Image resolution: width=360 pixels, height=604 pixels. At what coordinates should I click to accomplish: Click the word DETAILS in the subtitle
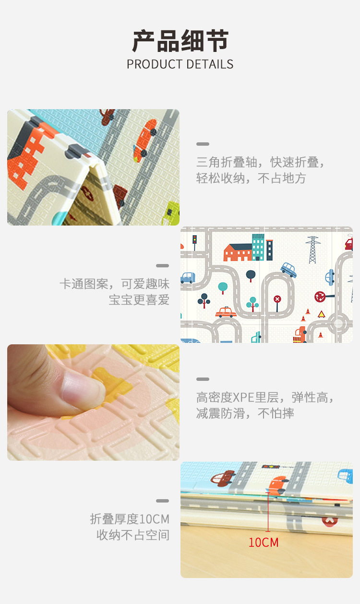pyautogui.click(x=210, y=64)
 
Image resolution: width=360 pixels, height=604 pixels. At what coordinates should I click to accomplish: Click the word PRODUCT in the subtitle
pyautogui.click(x=155, y=64)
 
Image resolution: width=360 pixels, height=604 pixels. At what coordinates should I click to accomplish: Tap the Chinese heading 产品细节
pyautogui.click(x=180, y=41)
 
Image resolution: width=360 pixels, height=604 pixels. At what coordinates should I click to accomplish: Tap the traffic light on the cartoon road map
pyautogui.click(x=194, y=242)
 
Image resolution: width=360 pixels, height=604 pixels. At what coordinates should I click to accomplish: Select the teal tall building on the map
pyautogui.click(x=258, y=247)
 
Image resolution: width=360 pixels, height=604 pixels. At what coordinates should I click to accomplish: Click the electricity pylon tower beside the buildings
pyautogui.click(x=312, y=250)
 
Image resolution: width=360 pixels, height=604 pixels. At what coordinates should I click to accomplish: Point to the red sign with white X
pyautogui.click(x=277, y=303)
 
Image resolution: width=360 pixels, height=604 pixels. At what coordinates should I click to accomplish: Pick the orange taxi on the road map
pyautogui.click(x=226, y=312)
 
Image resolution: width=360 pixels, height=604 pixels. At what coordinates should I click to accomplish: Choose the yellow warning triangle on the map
pyautogui.click(x=321, y=314)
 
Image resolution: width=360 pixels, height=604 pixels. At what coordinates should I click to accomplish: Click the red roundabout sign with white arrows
pyautogui.click(x=320, y=297)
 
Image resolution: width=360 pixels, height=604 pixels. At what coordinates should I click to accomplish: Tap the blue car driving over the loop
pyautogui.click(x=288, y=270)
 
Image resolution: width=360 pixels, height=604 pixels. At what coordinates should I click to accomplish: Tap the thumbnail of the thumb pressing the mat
pyautogui.click(x=94, y=403)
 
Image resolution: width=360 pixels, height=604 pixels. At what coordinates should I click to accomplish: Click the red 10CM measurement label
pyautogui.click(x=264, y=542)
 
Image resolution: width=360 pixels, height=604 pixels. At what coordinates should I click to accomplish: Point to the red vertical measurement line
pyautogui.click(x=268, y=512)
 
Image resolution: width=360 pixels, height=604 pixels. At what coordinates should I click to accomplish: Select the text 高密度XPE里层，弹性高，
pyautogui.click(x=265, y=397)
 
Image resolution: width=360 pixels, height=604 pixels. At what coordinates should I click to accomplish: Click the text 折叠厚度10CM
pyautogui.click(x=130, y=519)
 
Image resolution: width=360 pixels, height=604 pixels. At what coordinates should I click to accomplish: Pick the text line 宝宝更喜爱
pyautogui.click(x=139, y=300)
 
